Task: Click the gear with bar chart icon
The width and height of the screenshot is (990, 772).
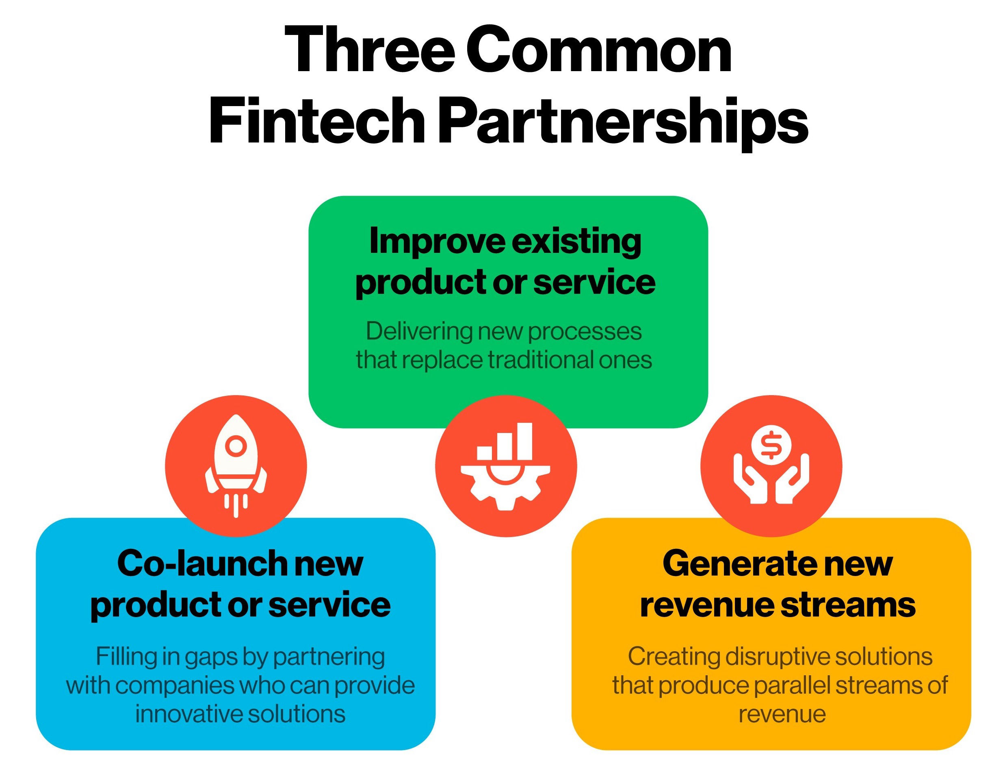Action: tap(505, 467)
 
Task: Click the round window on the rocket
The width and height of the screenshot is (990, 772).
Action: tap(235, 446)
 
